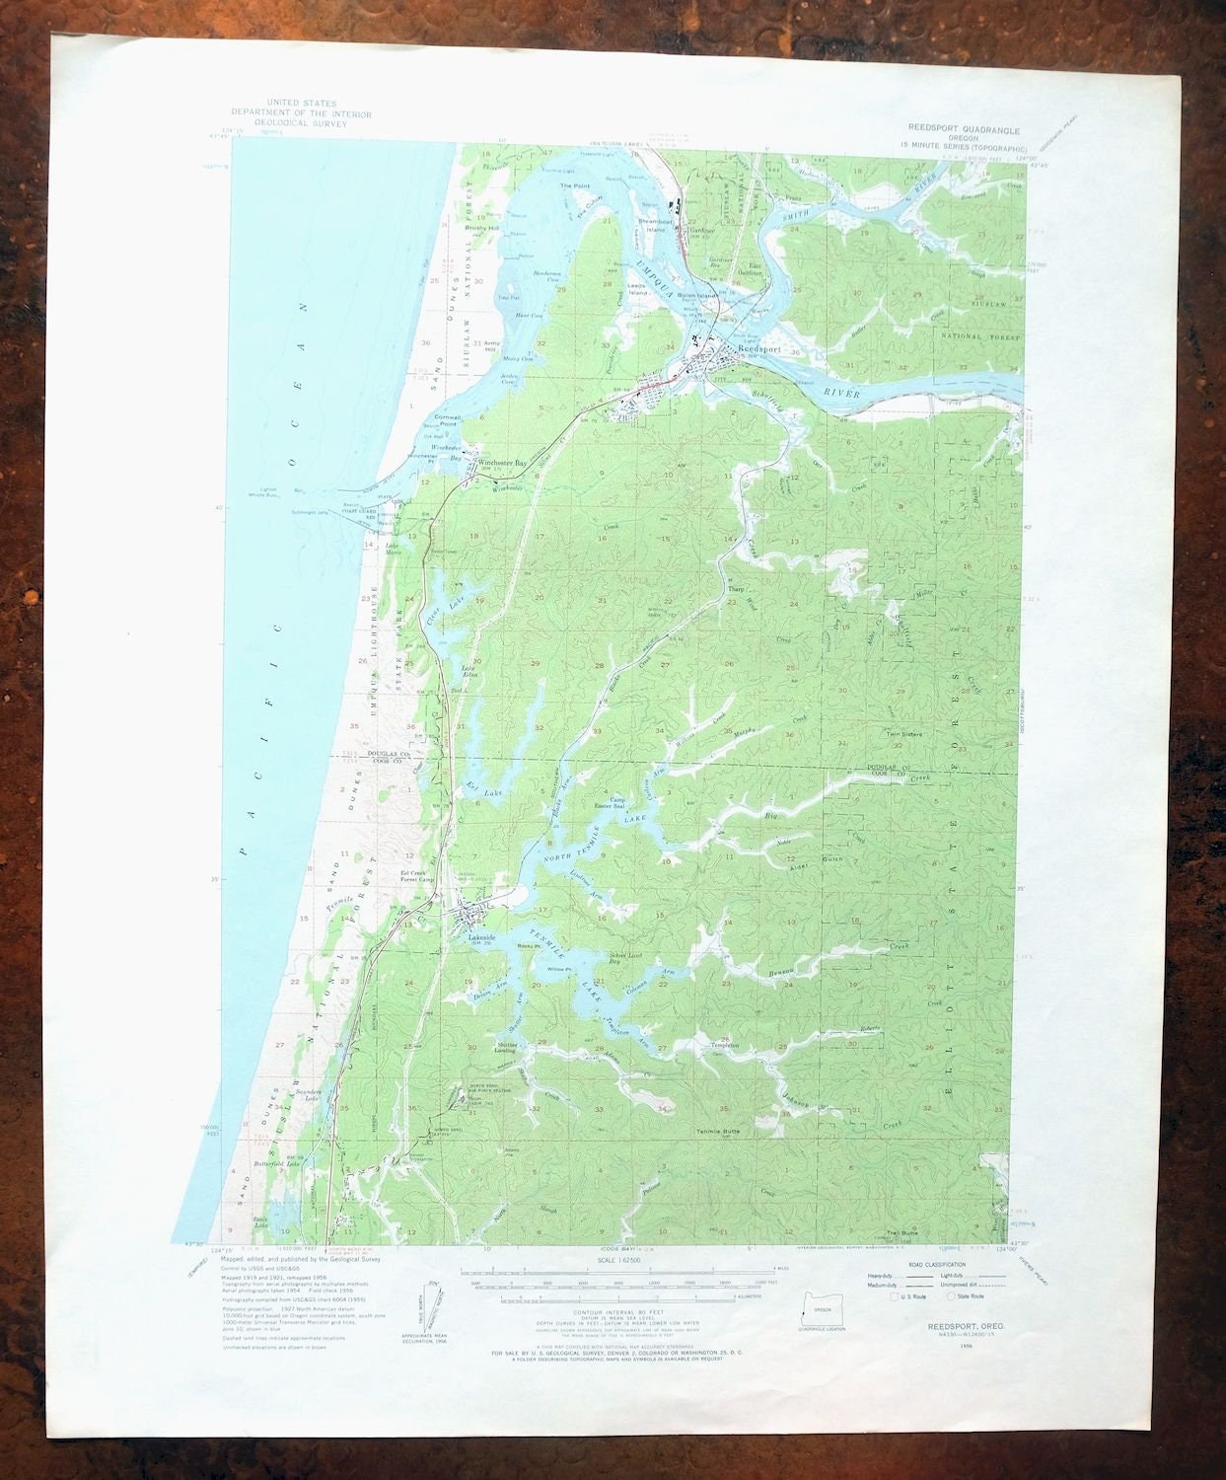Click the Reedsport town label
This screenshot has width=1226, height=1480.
click(x=758, y=350)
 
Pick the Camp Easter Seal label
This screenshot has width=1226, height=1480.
click(x=618, y=804)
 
